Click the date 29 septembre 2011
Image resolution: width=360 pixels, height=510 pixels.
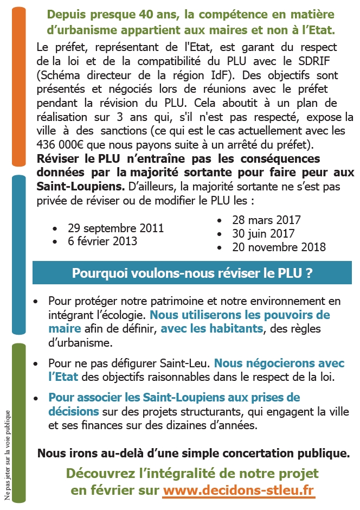tap(115, 228)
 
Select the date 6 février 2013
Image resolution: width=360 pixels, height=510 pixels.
tap(102, 241)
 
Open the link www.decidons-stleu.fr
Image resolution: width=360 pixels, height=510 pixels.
tap(239, 490)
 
